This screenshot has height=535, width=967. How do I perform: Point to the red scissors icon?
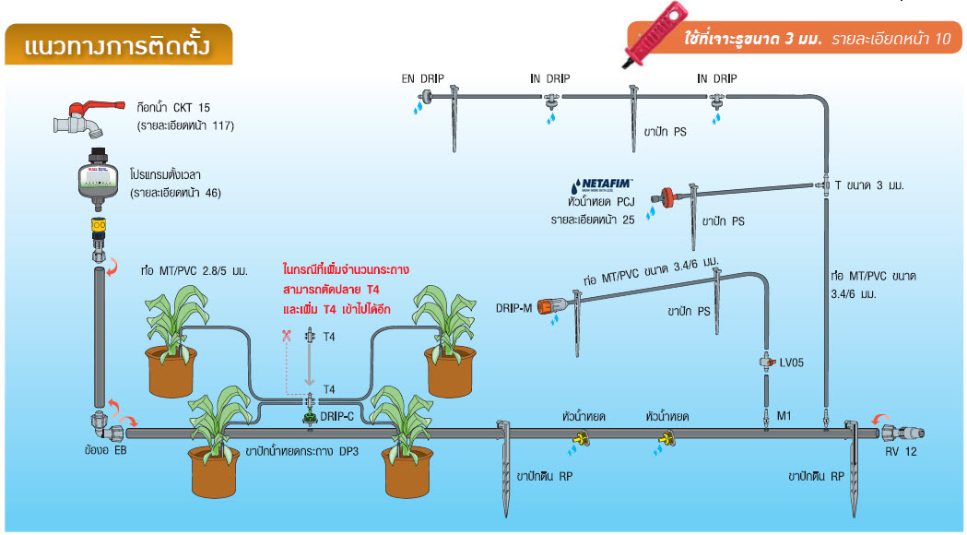click(x=287, y=337)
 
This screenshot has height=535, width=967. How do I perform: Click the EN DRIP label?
click(x=422, y=78)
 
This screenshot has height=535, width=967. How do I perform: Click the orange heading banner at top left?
click(x=116, y=45)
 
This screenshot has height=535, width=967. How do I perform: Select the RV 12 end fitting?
click(x=903, y=432)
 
